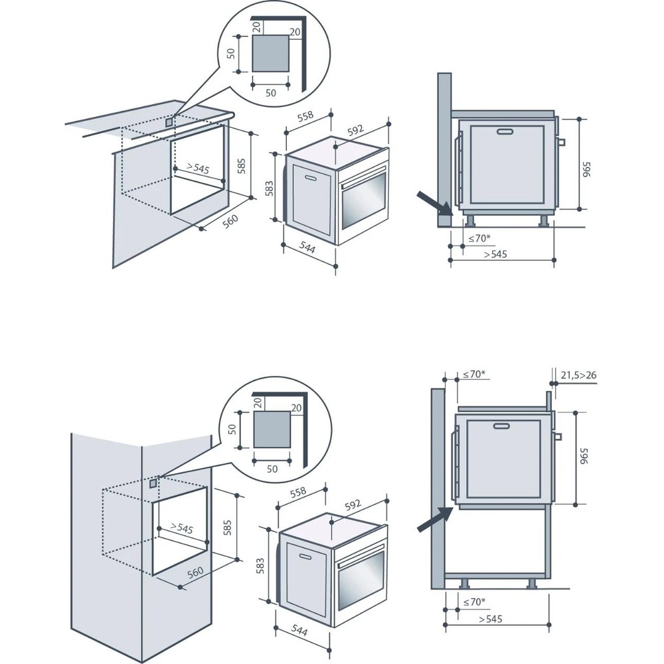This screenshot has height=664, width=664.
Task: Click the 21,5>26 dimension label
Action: (x=578, y=375)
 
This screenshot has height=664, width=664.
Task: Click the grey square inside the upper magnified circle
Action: (x=271, y=54)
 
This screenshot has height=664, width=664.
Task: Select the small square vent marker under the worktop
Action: (x=169, y=122)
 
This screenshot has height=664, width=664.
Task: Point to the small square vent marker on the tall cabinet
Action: (x=154, y=483)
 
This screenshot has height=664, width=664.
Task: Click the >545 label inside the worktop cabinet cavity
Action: (x=198, y=169)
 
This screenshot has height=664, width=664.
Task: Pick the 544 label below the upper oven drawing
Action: (x=307, y=249)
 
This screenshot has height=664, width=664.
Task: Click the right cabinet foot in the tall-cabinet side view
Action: (x=533, y=583)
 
